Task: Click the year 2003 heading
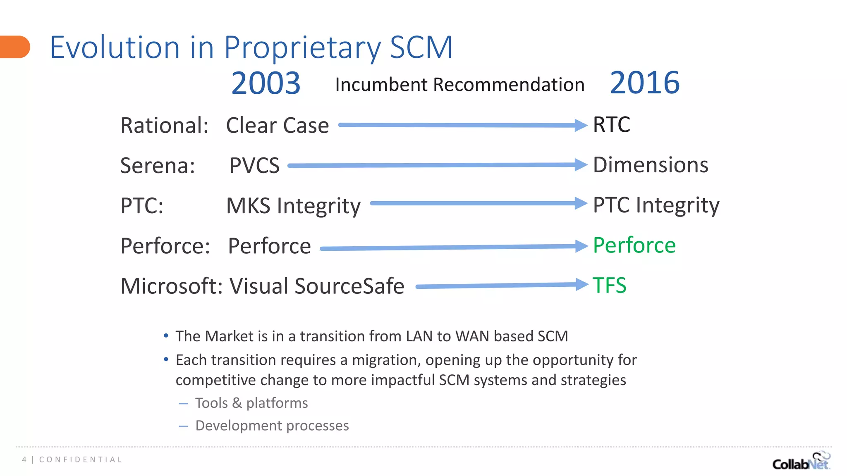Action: [266, 83]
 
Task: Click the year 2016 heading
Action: [644, 83]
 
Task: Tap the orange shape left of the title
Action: [14, 47]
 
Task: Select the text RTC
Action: [611, 124]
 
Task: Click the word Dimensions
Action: [650, 165]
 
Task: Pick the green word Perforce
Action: [634, 245]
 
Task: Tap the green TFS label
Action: [609, 285]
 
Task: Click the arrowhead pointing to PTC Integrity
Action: [581, 203]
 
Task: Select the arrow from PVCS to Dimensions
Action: [434, 165]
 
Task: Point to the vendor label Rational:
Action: [164, 125]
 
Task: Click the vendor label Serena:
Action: [158, 166]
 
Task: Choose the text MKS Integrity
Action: [293, 205]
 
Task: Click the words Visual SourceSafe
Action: [317, 286]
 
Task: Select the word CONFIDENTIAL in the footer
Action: [81, 459]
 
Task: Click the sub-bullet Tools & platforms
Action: [251, 403]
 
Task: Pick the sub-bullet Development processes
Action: [272, 426]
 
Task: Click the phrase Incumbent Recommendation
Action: [459, 85]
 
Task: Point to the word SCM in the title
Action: [421, 47]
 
